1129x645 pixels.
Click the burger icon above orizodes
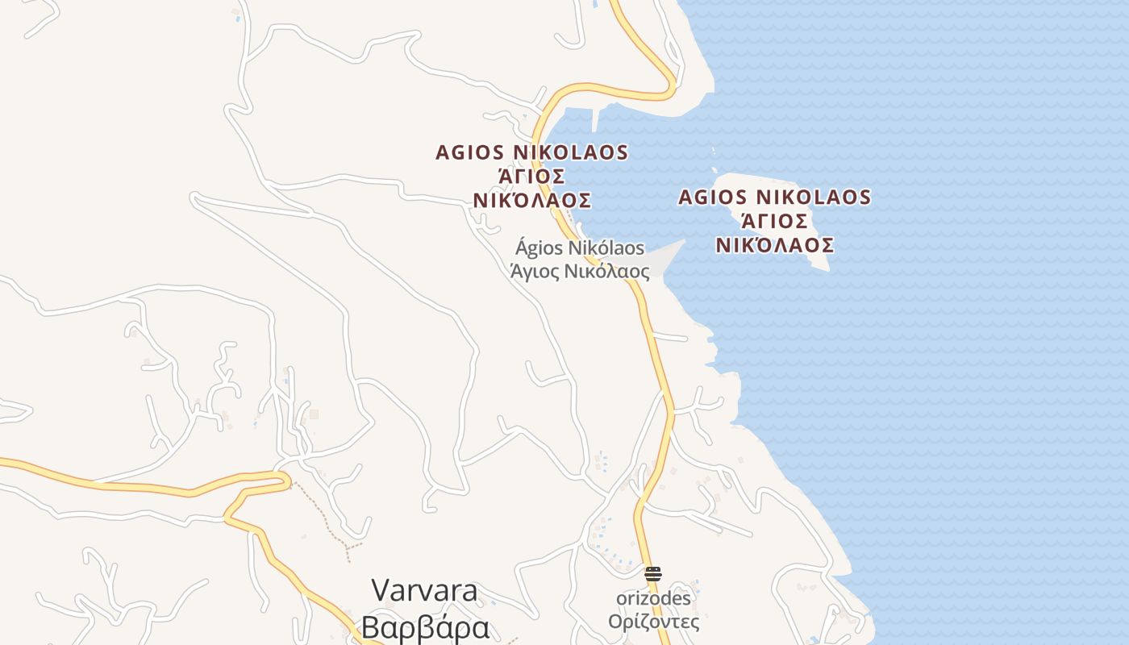coord(653,574)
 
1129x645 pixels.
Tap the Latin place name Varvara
coord(424,591)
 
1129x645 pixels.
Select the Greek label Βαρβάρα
coord(425,627)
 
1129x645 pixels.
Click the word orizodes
coord(653,598)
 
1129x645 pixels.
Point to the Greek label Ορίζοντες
coord(653,622)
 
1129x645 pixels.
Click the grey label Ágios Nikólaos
coord(580,247)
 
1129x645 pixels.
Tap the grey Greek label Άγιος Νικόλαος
coord(580,271)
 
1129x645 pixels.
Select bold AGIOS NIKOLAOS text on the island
coord(774,198)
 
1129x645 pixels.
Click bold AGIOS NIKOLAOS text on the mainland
coord(531,152)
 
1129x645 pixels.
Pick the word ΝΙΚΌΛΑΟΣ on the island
coord(774,245)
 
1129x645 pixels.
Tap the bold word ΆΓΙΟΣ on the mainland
coord(531,176)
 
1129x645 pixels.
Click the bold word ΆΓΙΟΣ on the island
coord(774,221)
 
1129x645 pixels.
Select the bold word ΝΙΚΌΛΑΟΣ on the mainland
coord(531,200)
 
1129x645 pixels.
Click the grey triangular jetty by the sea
coord(669,258)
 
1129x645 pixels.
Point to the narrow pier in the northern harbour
coord(596,119)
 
